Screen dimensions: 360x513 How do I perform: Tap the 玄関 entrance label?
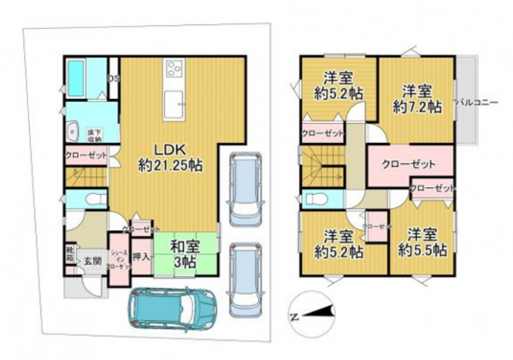tap(91, 260)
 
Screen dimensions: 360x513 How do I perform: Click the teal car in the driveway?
tap(170, 309)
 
